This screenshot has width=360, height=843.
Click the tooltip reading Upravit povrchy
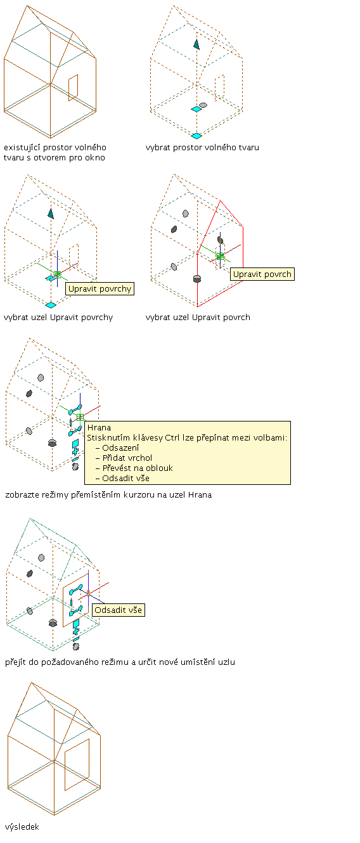pyautogui.click(x=100, y=288)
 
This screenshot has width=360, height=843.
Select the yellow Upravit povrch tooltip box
pyautogui.click(x=262, y=274)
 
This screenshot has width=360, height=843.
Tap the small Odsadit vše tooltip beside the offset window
pyautogui.click(x=118, y=610)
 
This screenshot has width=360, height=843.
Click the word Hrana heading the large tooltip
pyautogui.click(x=99, y=427)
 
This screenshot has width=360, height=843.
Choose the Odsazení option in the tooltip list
pyautogui.click(x=120, y=448)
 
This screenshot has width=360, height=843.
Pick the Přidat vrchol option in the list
pyautogui.click(x=127, y=458)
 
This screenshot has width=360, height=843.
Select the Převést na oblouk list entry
pyautogui.click(x=138, y=468)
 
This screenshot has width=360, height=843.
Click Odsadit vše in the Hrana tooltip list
pyautogui.click(x=125, y=479)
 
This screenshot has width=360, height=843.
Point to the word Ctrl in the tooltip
pyautogui.click(x=172, y=438)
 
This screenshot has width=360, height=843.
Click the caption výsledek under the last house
pyautogui.click(x=22, y=827)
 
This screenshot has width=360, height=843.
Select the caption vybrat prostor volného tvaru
pyautogui.click(x=202, y=148)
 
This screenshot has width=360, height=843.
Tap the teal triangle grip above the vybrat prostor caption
pyautogui.click(x=196, y=44)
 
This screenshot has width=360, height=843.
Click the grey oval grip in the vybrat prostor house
pyautogui.click(x=203, y=105)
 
